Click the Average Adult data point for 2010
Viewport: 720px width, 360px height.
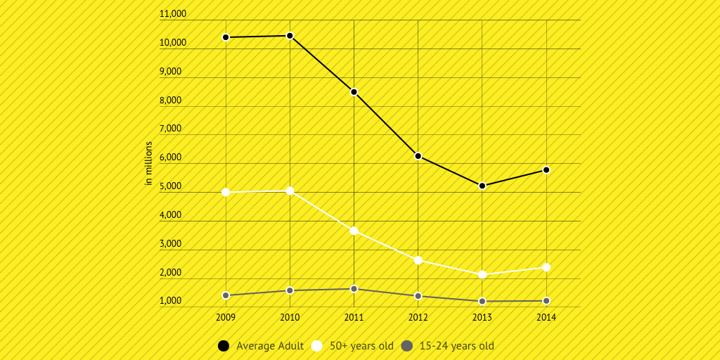(290, 35)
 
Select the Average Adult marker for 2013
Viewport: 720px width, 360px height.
(482, 186)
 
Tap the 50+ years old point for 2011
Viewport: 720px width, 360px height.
(354, 231)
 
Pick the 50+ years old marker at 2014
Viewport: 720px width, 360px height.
(546, 267)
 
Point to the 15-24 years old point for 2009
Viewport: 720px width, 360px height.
(226, 295)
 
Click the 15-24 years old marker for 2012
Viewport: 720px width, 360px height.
(418, 296)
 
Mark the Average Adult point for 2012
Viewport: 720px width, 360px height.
(418, 156)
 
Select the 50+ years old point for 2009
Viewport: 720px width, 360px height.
(226, 192)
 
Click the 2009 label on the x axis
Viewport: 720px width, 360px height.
(226, 318)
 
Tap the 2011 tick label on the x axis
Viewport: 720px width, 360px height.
(354, 318)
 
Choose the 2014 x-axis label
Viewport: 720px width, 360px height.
(546, 318)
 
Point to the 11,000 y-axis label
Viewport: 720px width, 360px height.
(173, 14)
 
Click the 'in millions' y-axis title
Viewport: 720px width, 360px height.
(148, 163)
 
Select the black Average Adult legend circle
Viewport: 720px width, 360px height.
(224, 346)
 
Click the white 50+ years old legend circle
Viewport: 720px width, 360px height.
(317, 346)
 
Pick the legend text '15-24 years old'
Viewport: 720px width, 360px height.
(456, 346)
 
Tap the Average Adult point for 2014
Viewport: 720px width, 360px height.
(546, 170)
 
